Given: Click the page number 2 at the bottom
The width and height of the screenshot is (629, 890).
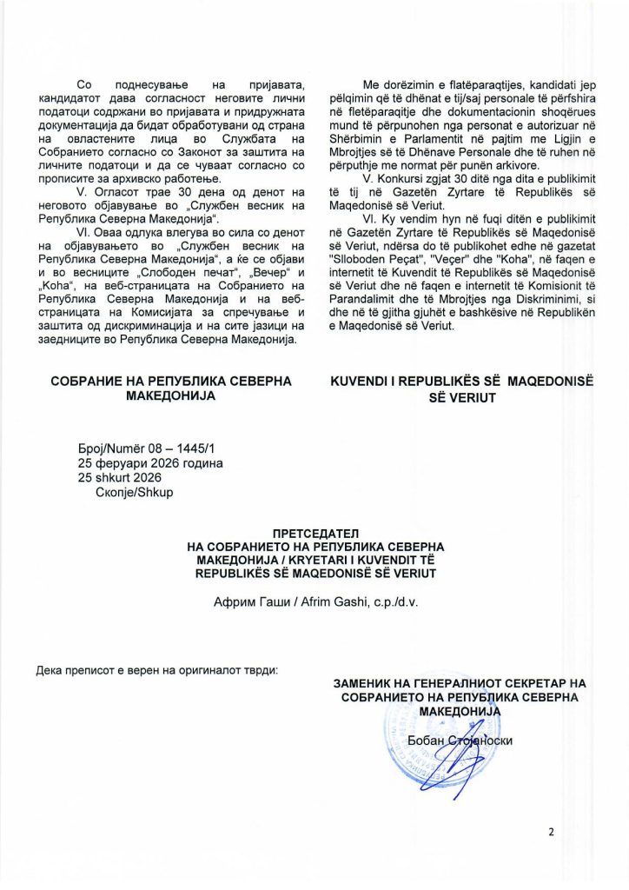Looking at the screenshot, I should pos(550,832).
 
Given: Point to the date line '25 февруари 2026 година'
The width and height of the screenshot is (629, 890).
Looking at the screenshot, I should pos(150,463).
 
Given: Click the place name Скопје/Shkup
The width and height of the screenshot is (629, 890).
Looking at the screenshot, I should pos(134,493).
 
